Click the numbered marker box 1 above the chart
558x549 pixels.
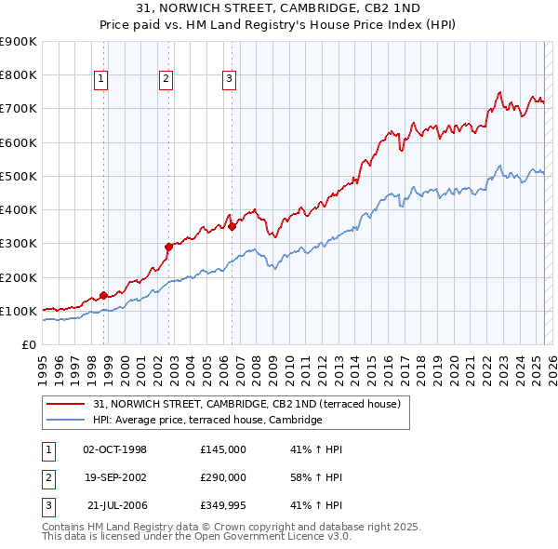pos(100,80)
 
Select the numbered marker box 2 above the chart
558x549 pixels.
pos(166,80)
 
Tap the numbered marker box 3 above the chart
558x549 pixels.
pos(229,80)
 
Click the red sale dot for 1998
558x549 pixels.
pos(103,295)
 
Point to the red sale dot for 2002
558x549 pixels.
pos(168,247)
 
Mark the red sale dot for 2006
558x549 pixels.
pos(232,226)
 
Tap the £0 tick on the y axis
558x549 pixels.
pos(28,345)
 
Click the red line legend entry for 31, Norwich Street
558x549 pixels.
pos(246,405)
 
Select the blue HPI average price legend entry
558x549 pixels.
pos(207,421)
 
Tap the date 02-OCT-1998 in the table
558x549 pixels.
pos(114,449)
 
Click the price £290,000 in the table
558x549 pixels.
pos(223,477)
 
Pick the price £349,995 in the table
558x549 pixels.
pos(223,505)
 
